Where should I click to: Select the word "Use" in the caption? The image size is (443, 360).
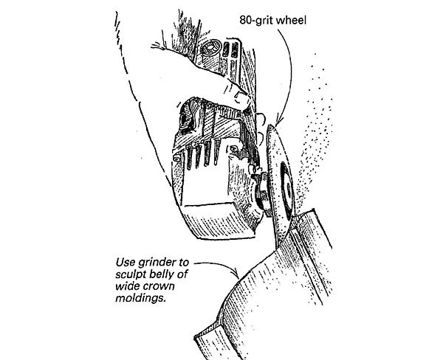coord(127,261)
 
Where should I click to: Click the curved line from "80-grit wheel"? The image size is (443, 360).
coord(284,74)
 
